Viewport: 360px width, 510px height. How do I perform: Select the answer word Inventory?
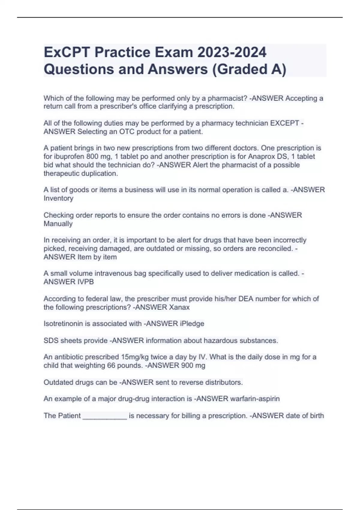58,198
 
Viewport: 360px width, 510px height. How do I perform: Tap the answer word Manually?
58,224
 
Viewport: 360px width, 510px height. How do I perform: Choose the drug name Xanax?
179,307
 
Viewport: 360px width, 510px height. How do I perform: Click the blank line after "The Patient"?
105,416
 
